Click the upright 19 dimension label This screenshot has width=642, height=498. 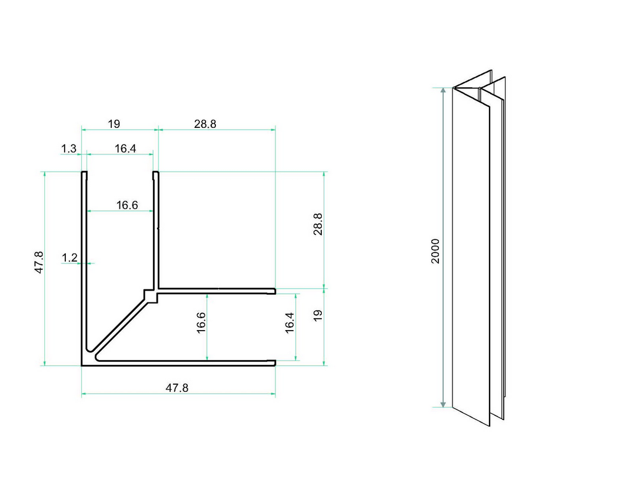click(114, 124)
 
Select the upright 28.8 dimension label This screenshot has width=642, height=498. click(205, 124)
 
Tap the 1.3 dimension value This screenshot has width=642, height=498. click(69, 148)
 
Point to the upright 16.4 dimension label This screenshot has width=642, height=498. click(125, 148)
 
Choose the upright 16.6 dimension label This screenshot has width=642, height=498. click(127, 205)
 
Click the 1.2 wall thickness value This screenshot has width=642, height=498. click(69, 257)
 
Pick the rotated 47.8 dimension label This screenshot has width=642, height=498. click(38, 262)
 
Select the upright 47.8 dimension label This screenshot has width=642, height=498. click(177, 388)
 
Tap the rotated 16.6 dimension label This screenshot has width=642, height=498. click(201, 323)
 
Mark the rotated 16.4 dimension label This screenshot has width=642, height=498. click(290, 323)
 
